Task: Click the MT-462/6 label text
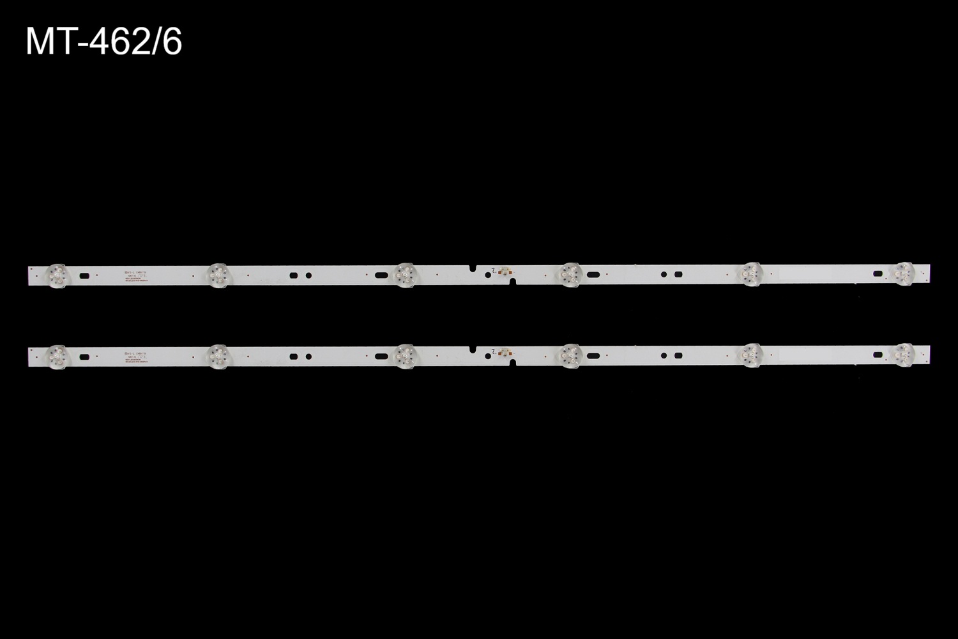[x=104, y=43]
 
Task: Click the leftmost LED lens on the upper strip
[x=57, y=275]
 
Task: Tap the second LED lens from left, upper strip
[x=217, y=274]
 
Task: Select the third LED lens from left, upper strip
[x=404, y=274]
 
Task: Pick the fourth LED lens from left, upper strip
[x=569, y=274]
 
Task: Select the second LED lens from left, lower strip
[x=217, y=355]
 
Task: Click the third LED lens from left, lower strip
[x=404, y=355]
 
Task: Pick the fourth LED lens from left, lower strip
[x=569, y=355]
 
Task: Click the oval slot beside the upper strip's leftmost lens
[x=84, y=275]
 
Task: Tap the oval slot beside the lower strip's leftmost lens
[x=84, y=357]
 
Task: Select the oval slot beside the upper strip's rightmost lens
[x=878, y=274]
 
